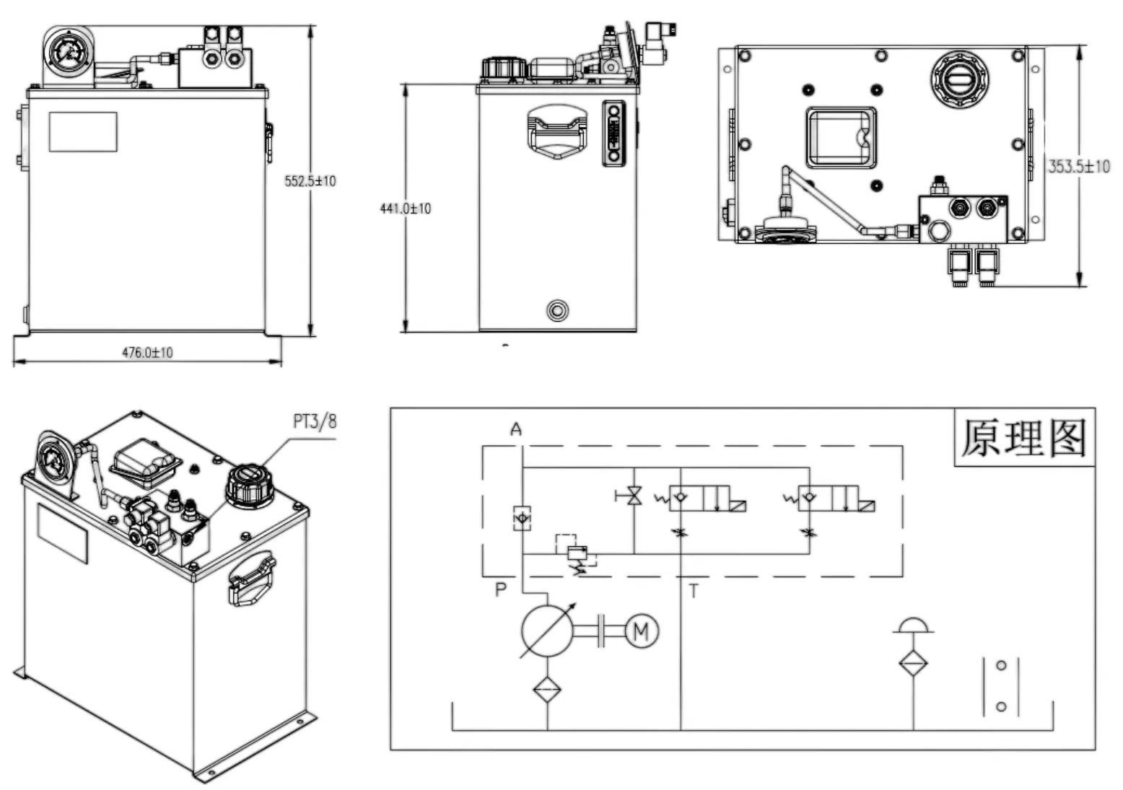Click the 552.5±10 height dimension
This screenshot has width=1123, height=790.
(x=310, y=181)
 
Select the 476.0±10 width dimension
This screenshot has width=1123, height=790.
(x=147, y=353)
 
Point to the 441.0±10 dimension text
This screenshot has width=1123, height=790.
(x=405, y=209)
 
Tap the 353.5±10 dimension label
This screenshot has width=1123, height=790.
(x=1078, y=167)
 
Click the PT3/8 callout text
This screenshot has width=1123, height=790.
(x=315, y=421)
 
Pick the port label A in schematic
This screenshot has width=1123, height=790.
(x=516, y=430)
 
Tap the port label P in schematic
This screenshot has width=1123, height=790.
(x=501, y=590)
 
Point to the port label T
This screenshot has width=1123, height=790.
(x=694, y=592)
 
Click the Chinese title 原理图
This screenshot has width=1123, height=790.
(x=1023, y=438)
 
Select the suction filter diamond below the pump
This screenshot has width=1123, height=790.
(x=547, y=690)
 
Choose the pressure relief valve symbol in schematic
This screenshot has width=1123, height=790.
(x=577, y=554)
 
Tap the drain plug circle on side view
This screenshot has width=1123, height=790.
(x=557, y=311)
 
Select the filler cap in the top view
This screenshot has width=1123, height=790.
(x=959, y=79)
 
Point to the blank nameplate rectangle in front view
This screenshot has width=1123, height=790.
(x=83, y=132)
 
